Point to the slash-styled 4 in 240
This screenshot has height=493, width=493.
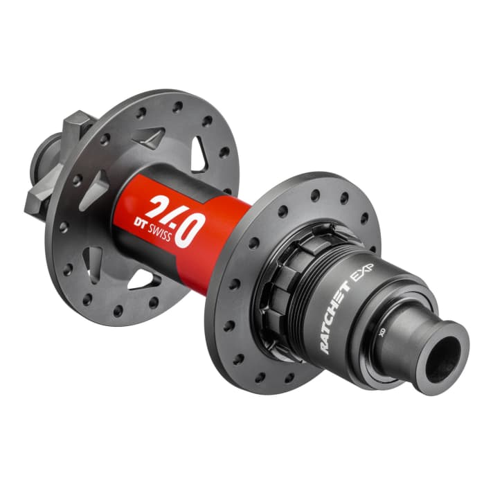pyautogui.click(x=174, y=217)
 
